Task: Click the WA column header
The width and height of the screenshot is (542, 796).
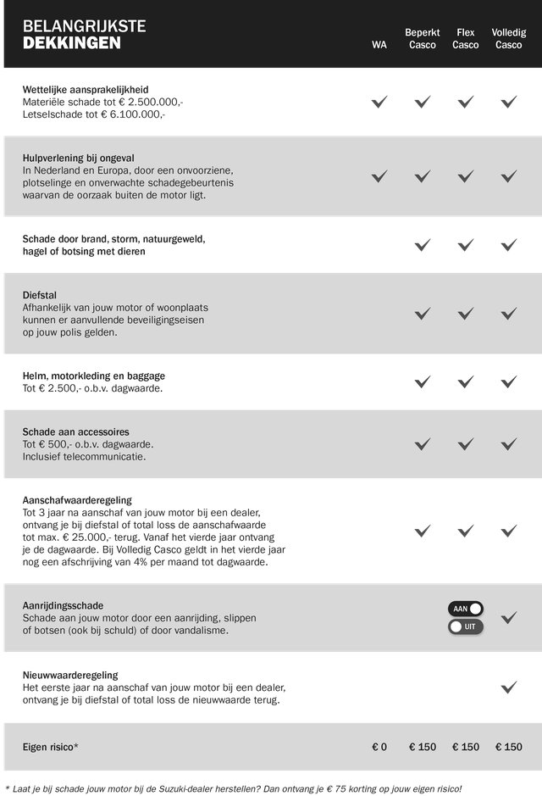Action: tap(379, 45)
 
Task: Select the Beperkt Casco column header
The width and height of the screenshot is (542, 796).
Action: tap(422, 38)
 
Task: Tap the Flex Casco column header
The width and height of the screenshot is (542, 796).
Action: tap(465, 38)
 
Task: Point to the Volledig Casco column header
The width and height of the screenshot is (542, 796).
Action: tap(508, 38)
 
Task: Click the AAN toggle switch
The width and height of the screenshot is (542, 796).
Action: tap(466, 609)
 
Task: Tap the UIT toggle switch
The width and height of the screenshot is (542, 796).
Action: tap(466, 626)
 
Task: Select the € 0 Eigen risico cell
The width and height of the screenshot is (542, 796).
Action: tap(379, 747)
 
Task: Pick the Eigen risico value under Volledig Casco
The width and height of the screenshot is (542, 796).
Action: tap(508, 747)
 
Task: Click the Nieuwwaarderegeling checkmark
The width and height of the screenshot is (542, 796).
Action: tap(508, 687)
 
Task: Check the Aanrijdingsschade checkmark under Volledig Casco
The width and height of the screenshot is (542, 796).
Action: tap(508, 617)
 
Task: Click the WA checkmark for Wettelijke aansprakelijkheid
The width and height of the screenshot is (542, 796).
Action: tap(379, 102)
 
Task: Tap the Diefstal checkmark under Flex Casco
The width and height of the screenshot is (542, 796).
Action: tap(465, 313)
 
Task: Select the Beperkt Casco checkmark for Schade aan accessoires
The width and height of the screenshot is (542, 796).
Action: tap(422, 443)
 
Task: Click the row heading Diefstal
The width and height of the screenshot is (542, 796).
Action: tap(40, 295)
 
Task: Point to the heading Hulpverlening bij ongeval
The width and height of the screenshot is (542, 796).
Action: tap(79, 158)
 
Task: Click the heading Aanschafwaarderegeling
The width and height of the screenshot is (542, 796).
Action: tap(77, 500)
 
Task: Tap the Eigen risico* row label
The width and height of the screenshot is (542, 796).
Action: tap(50, 747)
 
